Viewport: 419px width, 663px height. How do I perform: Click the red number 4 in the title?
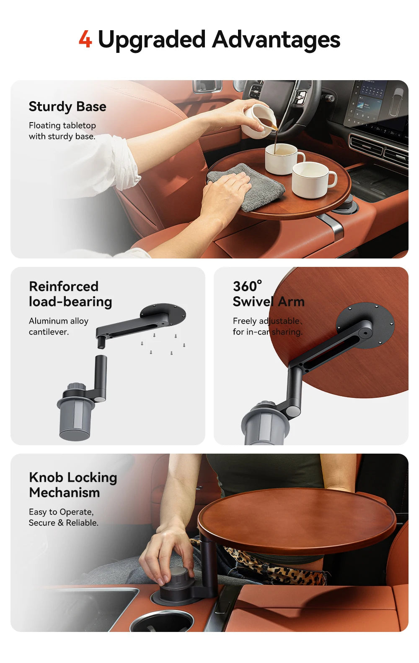tap(85, 40)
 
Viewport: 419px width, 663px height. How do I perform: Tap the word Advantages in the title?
tap(276, 40)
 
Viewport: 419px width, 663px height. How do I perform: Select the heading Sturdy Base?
tap(67, 107)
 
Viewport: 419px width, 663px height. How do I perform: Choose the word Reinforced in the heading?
tap(64, 286)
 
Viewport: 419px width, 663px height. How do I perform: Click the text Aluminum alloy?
tap(59, 321)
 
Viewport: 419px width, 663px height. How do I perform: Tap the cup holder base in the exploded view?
tap(76, 415)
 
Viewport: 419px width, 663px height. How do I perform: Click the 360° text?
tap(247, 286)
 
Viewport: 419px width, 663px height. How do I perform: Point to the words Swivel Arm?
tap(269, 302)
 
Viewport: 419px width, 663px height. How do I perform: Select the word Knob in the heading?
tap(46, 478)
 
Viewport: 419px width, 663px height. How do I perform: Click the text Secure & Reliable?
tap(64, 523)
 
